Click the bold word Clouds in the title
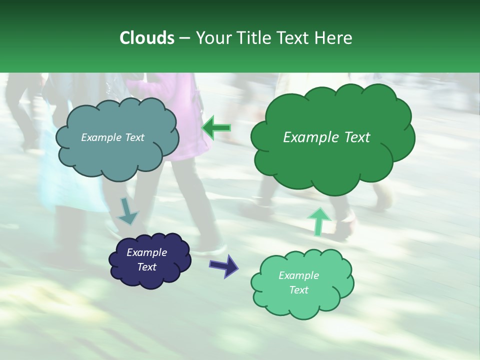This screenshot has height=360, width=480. pos(146,38)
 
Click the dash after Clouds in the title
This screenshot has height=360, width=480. pos(184,38)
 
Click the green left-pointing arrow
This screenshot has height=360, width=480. pos(216,128)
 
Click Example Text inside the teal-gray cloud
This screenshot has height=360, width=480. pos(112,137)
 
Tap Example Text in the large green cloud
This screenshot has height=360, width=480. pos(326,137)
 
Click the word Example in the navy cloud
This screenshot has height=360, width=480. pos(146,252)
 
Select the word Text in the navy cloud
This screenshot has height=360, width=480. pos(146,267)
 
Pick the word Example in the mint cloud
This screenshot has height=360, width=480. pos(298,275)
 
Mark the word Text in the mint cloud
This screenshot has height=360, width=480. pos(298,290)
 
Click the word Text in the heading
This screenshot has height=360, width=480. pos(294,38)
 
